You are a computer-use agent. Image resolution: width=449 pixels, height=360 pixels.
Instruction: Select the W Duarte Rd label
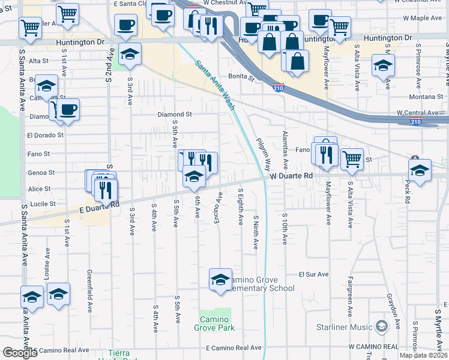(x=291, y=176)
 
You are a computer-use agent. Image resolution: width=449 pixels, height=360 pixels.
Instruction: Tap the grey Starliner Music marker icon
(x=381, y=327)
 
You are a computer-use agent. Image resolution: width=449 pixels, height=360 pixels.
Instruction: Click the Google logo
(x=20, y=353)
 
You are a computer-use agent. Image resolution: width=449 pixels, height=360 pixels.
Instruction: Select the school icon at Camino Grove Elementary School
(x=220, y=280)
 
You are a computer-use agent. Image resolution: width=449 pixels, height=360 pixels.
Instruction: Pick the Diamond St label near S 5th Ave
(x=175, y=114)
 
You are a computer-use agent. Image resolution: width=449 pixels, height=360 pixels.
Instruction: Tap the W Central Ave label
(x=417, y=113)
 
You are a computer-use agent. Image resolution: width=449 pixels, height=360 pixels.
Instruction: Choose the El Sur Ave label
(x=314, y=274)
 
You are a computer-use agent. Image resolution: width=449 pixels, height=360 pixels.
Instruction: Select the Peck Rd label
(x=407, y=191)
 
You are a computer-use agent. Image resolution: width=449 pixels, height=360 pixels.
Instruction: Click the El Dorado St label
(x=45, y=135)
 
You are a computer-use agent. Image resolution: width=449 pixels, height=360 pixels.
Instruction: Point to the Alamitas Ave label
(x=286, y=152)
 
